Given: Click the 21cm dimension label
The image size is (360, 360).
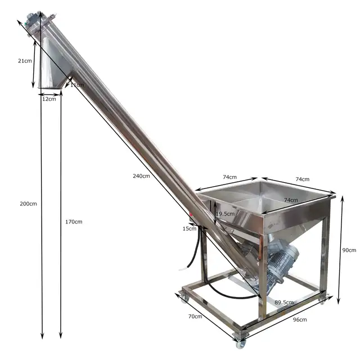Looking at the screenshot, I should [24, 60].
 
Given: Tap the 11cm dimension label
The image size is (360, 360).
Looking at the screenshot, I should [76, 85].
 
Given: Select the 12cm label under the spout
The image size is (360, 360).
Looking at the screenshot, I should [49, 99].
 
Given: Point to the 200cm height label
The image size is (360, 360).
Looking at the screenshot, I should [28, 203].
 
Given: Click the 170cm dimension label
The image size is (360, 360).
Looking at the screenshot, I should [73, 222].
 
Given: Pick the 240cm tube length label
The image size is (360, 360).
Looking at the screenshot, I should [141, 176].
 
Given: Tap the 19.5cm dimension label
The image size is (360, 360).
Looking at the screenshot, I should [225, 214].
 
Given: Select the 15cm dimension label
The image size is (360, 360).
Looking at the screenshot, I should [190, 228].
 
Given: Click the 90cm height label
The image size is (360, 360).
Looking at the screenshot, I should [349, 250].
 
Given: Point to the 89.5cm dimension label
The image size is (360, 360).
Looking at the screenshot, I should [284, 302].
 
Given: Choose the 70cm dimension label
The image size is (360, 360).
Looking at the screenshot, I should [195, 317].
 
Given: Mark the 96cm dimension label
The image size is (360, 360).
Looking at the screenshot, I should [299, 320].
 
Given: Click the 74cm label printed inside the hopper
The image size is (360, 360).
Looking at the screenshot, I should [290, 200].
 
